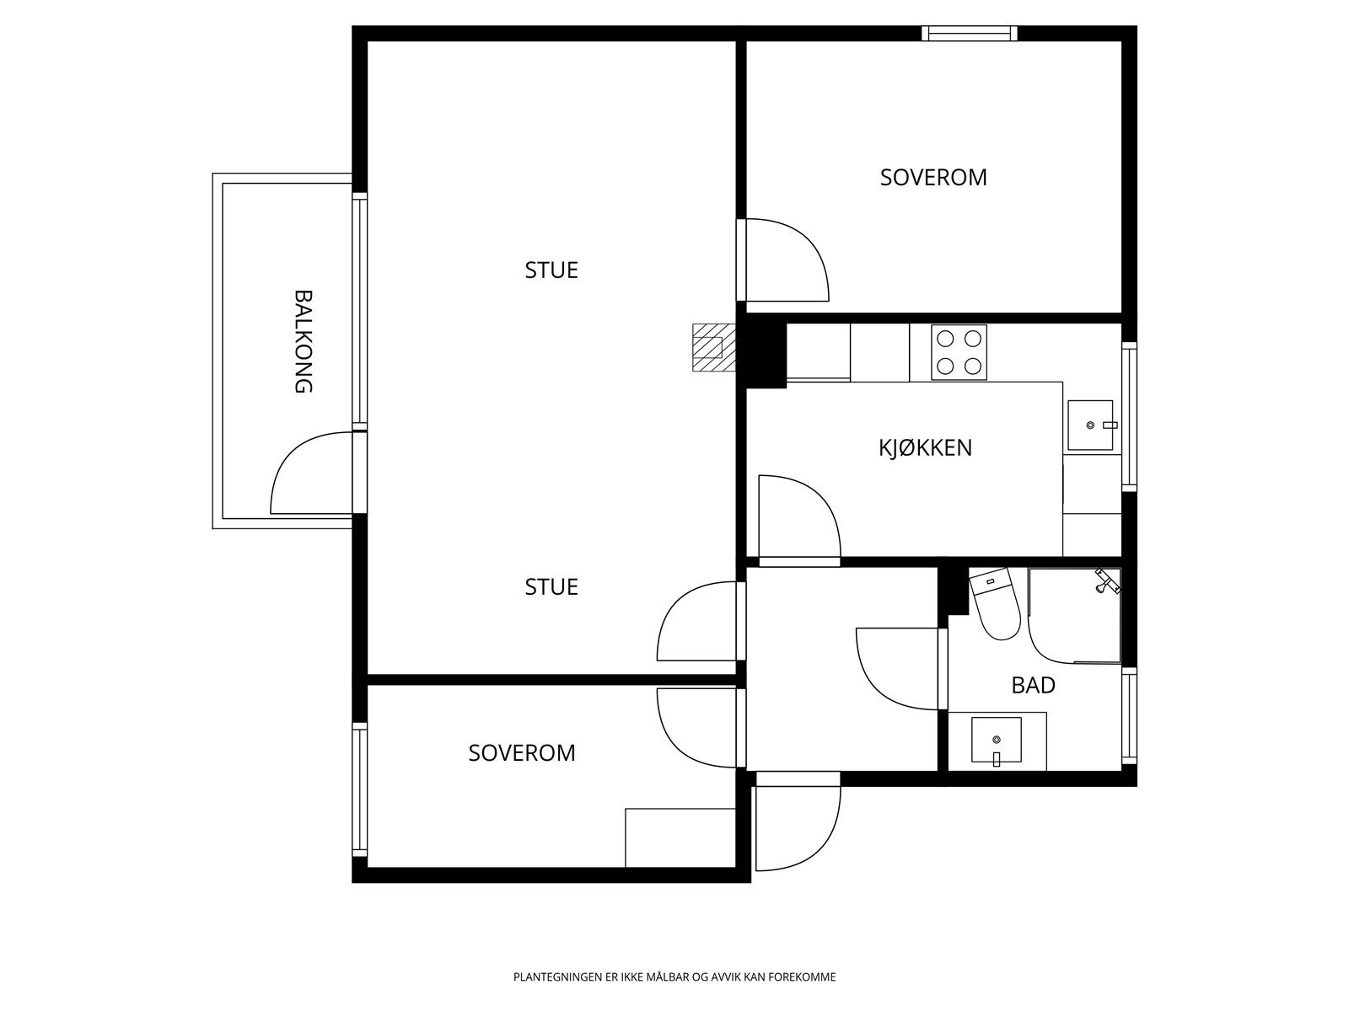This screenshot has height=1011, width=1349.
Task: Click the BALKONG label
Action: [304, 341]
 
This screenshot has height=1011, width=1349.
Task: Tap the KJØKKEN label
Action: [925, 448]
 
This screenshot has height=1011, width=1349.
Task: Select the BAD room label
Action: [1033, 685]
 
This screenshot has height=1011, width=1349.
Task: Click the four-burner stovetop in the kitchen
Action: [959, 352]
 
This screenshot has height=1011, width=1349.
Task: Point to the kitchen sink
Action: [1090, 425]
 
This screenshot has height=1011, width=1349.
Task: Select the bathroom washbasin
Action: [997, 741]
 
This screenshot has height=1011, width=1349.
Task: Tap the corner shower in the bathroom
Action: [1074, 615]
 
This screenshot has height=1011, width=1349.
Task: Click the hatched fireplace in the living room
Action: [713, 347]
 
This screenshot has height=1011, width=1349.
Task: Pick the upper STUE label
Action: [551, 270]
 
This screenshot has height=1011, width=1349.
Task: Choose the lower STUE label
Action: [551, 587]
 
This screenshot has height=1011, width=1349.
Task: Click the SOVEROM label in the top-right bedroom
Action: [933, 178]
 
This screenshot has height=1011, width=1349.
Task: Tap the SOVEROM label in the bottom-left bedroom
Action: [522, 753]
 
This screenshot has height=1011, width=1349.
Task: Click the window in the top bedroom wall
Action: [970, 33]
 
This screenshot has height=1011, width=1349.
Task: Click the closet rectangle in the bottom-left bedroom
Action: [680, 838]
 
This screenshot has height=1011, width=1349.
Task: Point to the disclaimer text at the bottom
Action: [674, 976]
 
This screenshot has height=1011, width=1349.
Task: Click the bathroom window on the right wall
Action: [1129, 716]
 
